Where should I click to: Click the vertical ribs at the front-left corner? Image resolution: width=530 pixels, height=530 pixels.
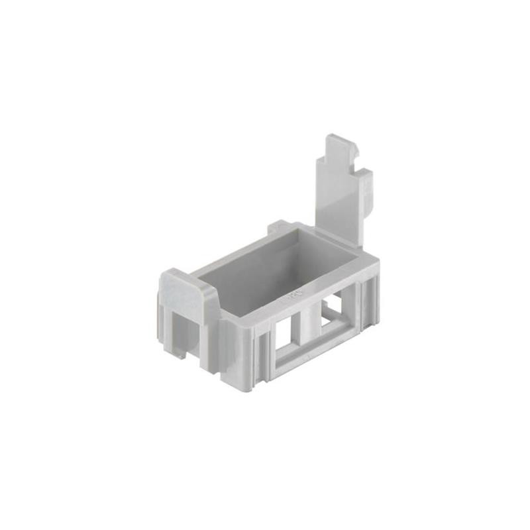tap(258, 351)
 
